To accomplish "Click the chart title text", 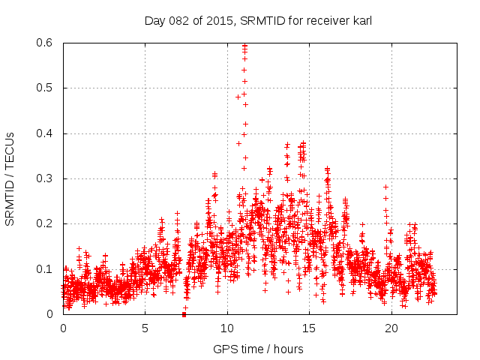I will [x=258, y=21].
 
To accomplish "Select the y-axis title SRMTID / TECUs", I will [x=10, y=178].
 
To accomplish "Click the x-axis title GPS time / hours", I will [x=258, y=349].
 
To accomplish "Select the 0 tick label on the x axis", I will [x=63, y=328].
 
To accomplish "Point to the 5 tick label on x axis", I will [x=145, y=328].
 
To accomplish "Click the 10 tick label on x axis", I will [x=227, y=328].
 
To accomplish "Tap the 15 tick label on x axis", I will [x=309, y=328].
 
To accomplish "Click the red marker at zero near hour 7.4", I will [x=184, y=314].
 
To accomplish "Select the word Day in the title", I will [x=154, y=21].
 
